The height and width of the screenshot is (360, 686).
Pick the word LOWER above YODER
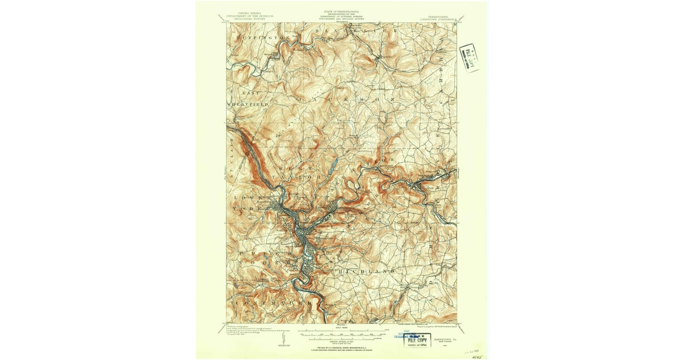[246, 197]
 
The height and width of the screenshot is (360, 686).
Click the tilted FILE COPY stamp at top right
[469, 57]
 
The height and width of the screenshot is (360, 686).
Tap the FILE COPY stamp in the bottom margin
[417, 339]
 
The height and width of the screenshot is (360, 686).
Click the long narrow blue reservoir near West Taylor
[331, 170]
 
